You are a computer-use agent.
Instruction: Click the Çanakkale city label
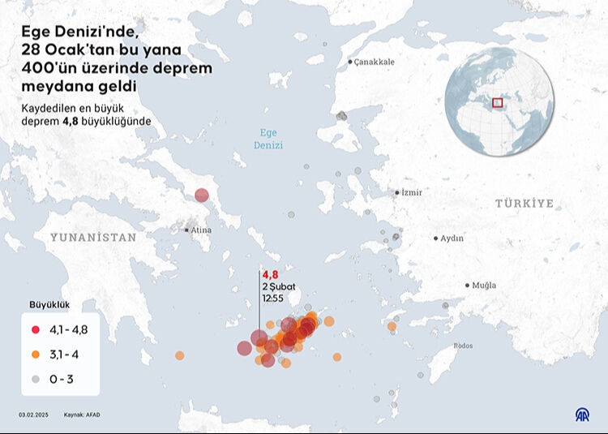pyautogui.click(x=374, y=62)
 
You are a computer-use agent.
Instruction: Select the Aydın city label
pyautogui.click(x=452, y=238)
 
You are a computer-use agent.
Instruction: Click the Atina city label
pyautogui.click(x=200, y=230)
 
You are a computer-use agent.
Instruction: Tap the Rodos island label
pyautogui.click(x=463, y=346)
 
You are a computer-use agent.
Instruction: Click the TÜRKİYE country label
pyautogui.click(x=525, y=204)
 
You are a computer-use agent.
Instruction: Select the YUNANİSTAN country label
pyautogui.click(x=93, y=238)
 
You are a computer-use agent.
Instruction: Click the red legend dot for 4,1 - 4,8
pyautogui.click(x=36, y=329)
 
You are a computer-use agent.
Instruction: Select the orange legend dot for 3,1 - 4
pyautogui.click(x=36, y=354)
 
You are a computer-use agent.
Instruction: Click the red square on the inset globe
pyautogui.click(x=498, y=102)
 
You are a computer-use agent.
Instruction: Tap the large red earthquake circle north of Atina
pyautogui.click(x=201, y=195)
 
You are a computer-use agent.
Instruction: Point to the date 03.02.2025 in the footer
pyautogui.click(x=33, y=415)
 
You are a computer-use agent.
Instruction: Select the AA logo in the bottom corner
pyautogui.click(x=582, y=415)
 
